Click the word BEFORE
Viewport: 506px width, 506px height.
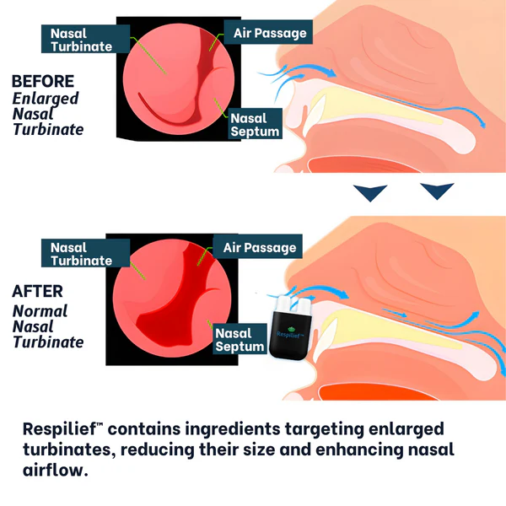(42, 82)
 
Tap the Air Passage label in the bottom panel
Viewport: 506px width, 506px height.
(259, 247)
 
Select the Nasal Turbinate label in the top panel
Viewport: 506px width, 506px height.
(81, 40)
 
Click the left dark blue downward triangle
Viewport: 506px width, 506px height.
(369, 194)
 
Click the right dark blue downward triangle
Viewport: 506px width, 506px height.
(437, 194)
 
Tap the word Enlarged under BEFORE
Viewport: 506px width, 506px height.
(45, 98)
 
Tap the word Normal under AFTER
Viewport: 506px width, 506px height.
(40, 310)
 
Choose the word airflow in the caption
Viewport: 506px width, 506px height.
(56, 471)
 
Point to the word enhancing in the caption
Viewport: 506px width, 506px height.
(356, 450)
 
